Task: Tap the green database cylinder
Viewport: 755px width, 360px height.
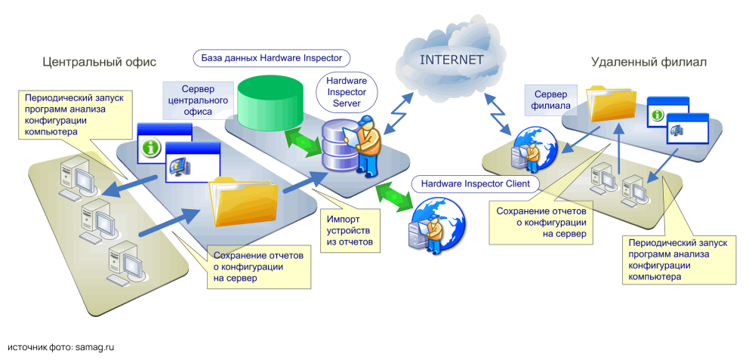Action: click(270, 106)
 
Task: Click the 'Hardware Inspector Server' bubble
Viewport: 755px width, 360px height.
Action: click(347, 91)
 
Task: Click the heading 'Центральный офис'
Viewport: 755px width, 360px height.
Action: click(99, 62)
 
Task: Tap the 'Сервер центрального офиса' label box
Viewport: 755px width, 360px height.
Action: click(195, 100)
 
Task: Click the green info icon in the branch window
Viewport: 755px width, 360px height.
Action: click(657, 114)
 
